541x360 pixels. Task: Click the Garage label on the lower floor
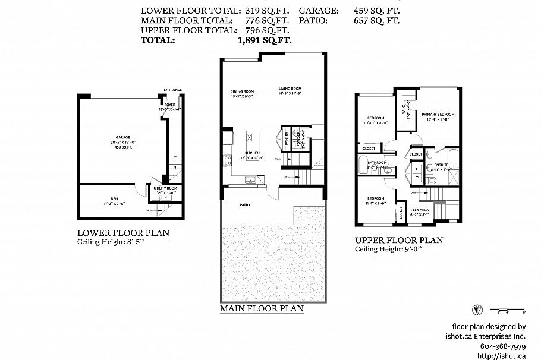pos(123,137)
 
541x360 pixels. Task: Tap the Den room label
pos(114,198)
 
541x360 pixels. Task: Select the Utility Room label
pos(165,188)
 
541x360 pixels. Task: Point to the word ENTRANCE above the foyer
pos(173,90)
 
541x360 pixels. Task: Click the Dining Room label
pos(242,91)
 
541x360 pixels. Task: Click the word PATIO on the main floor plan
pos(245,206)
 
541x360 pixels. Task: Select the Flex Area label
pos(420,210)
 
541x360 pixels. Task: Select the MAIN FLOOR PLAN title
pos(262,308)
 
